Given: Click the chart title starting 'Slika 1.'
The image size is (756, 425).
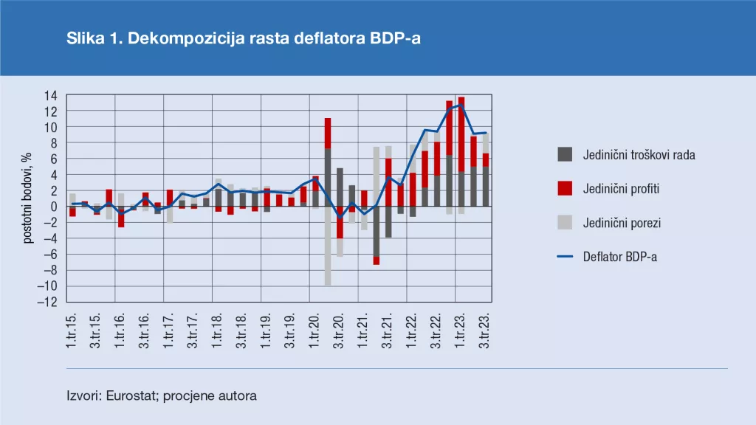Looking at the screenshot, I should [244, 39].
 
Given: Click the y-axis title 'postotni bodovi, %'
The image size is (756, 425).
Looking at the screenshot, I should [27, 198].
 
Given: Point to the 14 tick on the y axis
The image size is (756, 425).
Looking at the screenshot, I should [51, 95].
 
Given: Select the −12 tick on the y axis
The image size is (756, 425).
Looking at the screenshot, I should [48, 303].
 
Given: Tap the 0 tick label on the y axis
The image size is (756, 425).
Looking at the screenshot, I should [54, 207].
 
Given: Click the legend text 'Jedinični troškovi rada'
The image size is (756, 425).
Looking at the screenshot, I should [639, 155].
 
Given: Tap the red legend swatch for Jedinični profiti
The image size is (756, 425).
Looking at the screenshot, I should [564, 189].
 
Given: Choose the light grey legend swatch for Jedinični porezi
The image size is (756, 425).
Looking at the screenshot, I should [564, 223].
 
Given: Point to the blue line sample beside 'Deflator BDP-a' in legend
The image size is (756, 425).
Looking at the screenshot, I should [564, 257].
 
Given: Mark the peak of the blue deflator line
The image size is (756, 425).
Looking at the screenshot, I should [461, 105].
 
